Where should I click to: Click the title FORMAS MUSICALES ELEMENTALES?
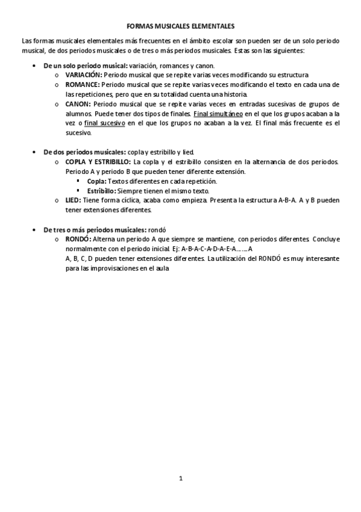(180, 27)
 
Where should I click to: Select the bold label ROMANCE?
(83, 85)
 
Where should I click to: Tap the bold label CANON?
(79, 104)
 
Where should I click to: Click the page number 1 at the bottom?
(180, 478)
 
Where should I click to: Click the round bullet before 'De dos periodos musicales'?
(33, 152)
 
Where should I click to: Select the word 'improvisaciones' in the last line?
(100, 268)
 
